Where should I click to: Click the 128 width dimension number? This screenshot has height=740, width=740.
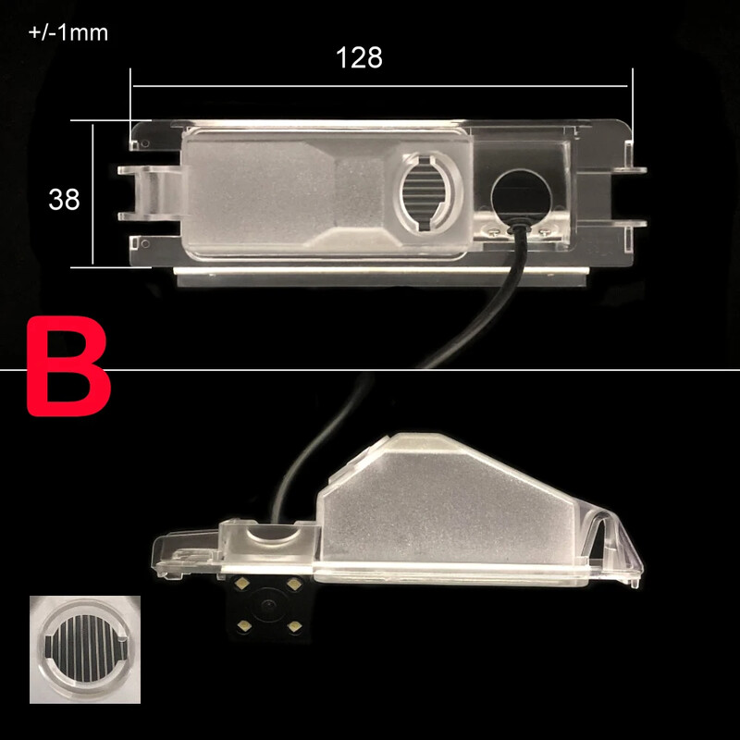359,57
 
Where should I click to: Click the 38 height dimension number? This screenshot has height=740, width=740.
64,199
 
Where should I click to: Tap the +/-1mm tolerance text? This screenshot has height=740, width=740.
68,33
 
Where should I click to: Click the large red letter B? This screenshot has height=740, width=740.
68,366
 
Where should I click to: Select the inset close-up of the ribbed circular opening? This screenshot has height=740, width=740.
85,649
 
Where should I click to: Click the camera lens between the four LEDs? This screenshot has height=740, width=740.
269,605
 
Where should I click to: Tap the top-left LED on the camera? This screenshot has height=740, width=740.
243,584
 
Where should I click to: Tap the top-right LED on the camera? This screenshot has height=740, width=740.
294,585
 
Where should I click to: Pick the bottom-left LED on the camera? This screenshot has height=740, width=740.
244,627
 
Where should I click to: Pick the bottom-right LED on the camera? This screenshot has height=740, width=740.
294,627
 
